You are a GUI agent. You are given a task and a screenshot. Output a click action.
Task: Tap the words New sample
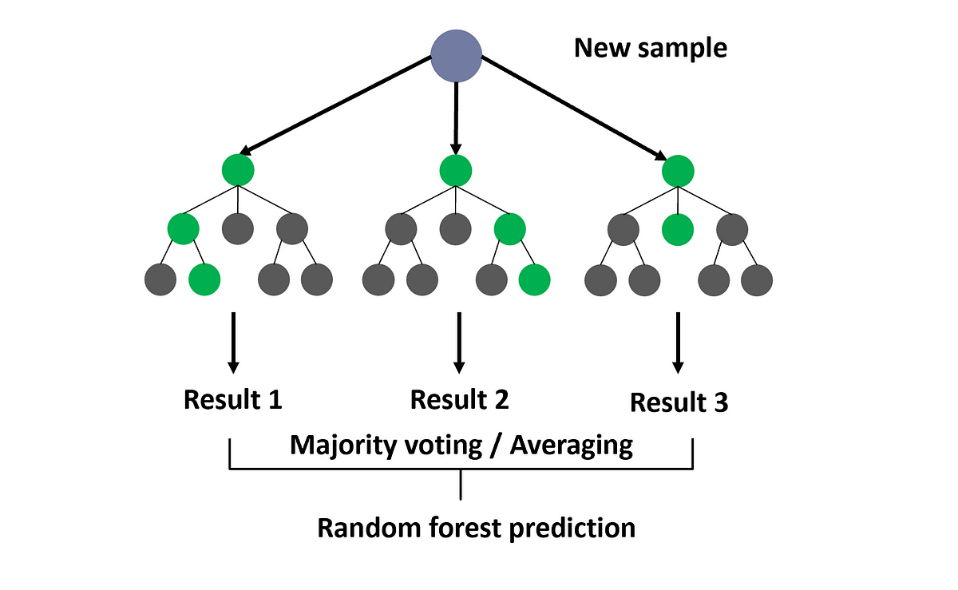click(x=651, y=48)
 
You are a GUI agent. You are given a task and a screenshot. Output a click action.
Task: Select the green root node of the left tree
click(x=238, y=170)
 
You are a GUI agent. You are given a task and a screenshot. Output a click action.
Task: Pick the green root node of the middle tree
click(x=455, y=170)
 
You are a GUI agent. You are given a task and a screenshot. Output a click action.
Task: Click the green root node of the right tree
click(x=678, y=170)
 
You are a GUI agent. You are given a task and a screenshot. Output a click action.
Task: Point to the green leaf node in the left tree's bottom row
click(x=204, y=279)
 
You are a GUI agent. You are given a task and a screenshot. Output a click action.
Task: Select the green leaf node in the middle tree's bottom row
click(x=535, y=279)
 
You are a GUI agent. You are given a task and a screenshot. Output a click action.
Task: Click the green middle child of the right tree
click(x=678, y=229)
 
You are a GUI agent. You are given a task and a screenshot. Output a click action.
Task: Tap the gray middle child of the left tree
click(x=238, y=229)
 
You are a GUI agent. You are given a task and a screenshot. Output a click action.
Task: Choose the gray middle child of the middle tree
click(x=455, y=229)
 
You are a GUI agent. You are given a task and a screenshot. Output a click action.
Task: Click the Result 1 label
click(x=233, y=399)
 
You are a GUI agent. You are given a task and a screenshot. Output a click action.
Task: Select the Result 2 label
click(x=459, y=399)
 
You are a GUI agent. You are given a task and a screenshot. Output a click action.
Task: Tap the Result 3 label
click(x=679, y=403)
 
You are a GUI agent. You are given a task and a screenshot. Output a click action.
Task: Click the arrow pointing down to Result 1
click(x=233, y=343)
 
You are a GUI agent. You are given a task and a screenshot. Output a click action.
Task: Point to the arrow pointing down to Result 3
click(x=678, y=343)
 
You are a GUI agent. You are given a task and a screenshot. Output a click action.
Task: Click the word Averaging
click(x=572, y=445)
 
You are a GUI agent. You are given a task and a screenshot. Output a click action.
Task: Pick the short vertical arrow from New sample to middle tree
click(x=456, y=116)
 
